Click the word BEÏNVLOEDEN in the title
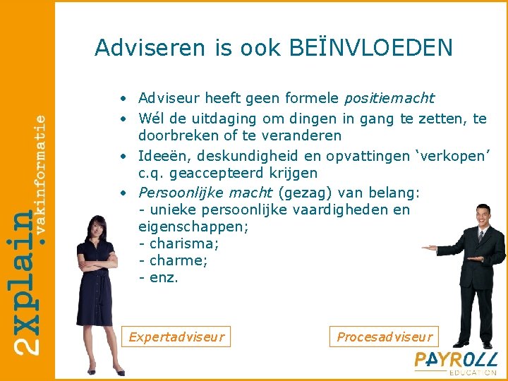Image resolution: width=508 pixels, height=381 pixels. click(x=371, y=47)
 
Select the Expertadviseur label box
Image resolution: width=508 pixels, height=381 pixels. click(x=176, y=337)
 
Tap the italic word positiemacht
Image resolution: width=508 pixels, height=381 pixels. click(x=389, y=98)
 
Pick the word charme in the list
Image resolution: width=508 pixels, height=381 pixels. click(x=177, y=260)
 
